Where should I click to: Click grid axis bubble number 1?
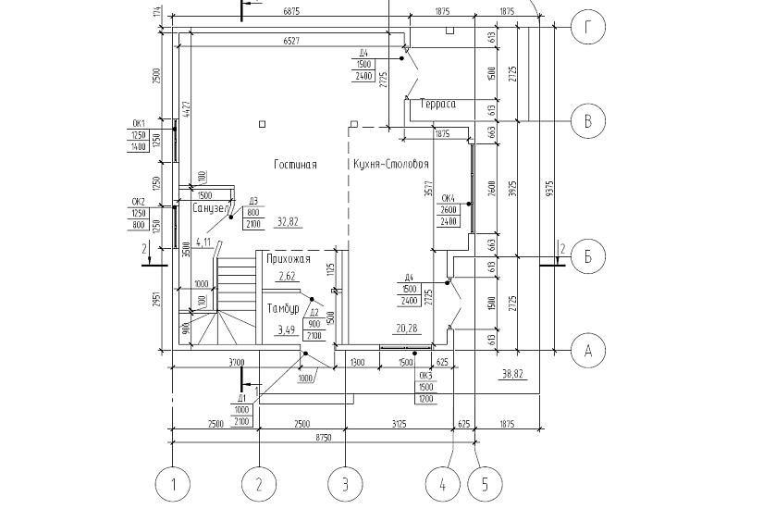(x=172, y=482)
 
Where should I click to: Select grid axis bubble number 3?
(x=345, y=482)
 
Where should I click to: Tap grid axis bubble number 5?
(x=486, y=482)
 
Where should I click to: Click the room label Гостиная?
(x=295, y=164)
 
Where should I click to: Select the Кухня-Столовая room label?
(x=390, y=164)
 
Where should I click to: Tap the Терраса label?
(x=437, y=104)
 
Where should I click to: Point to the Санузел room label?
(x=210, y=208)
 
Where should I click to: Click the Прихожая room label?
(x=287, y=260)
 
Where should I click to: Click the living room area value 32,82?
(x=288, y=222)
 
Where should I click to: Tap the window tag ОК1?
(x=140, y=123)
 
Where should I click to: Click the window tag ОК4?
(x=449, y=198)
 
